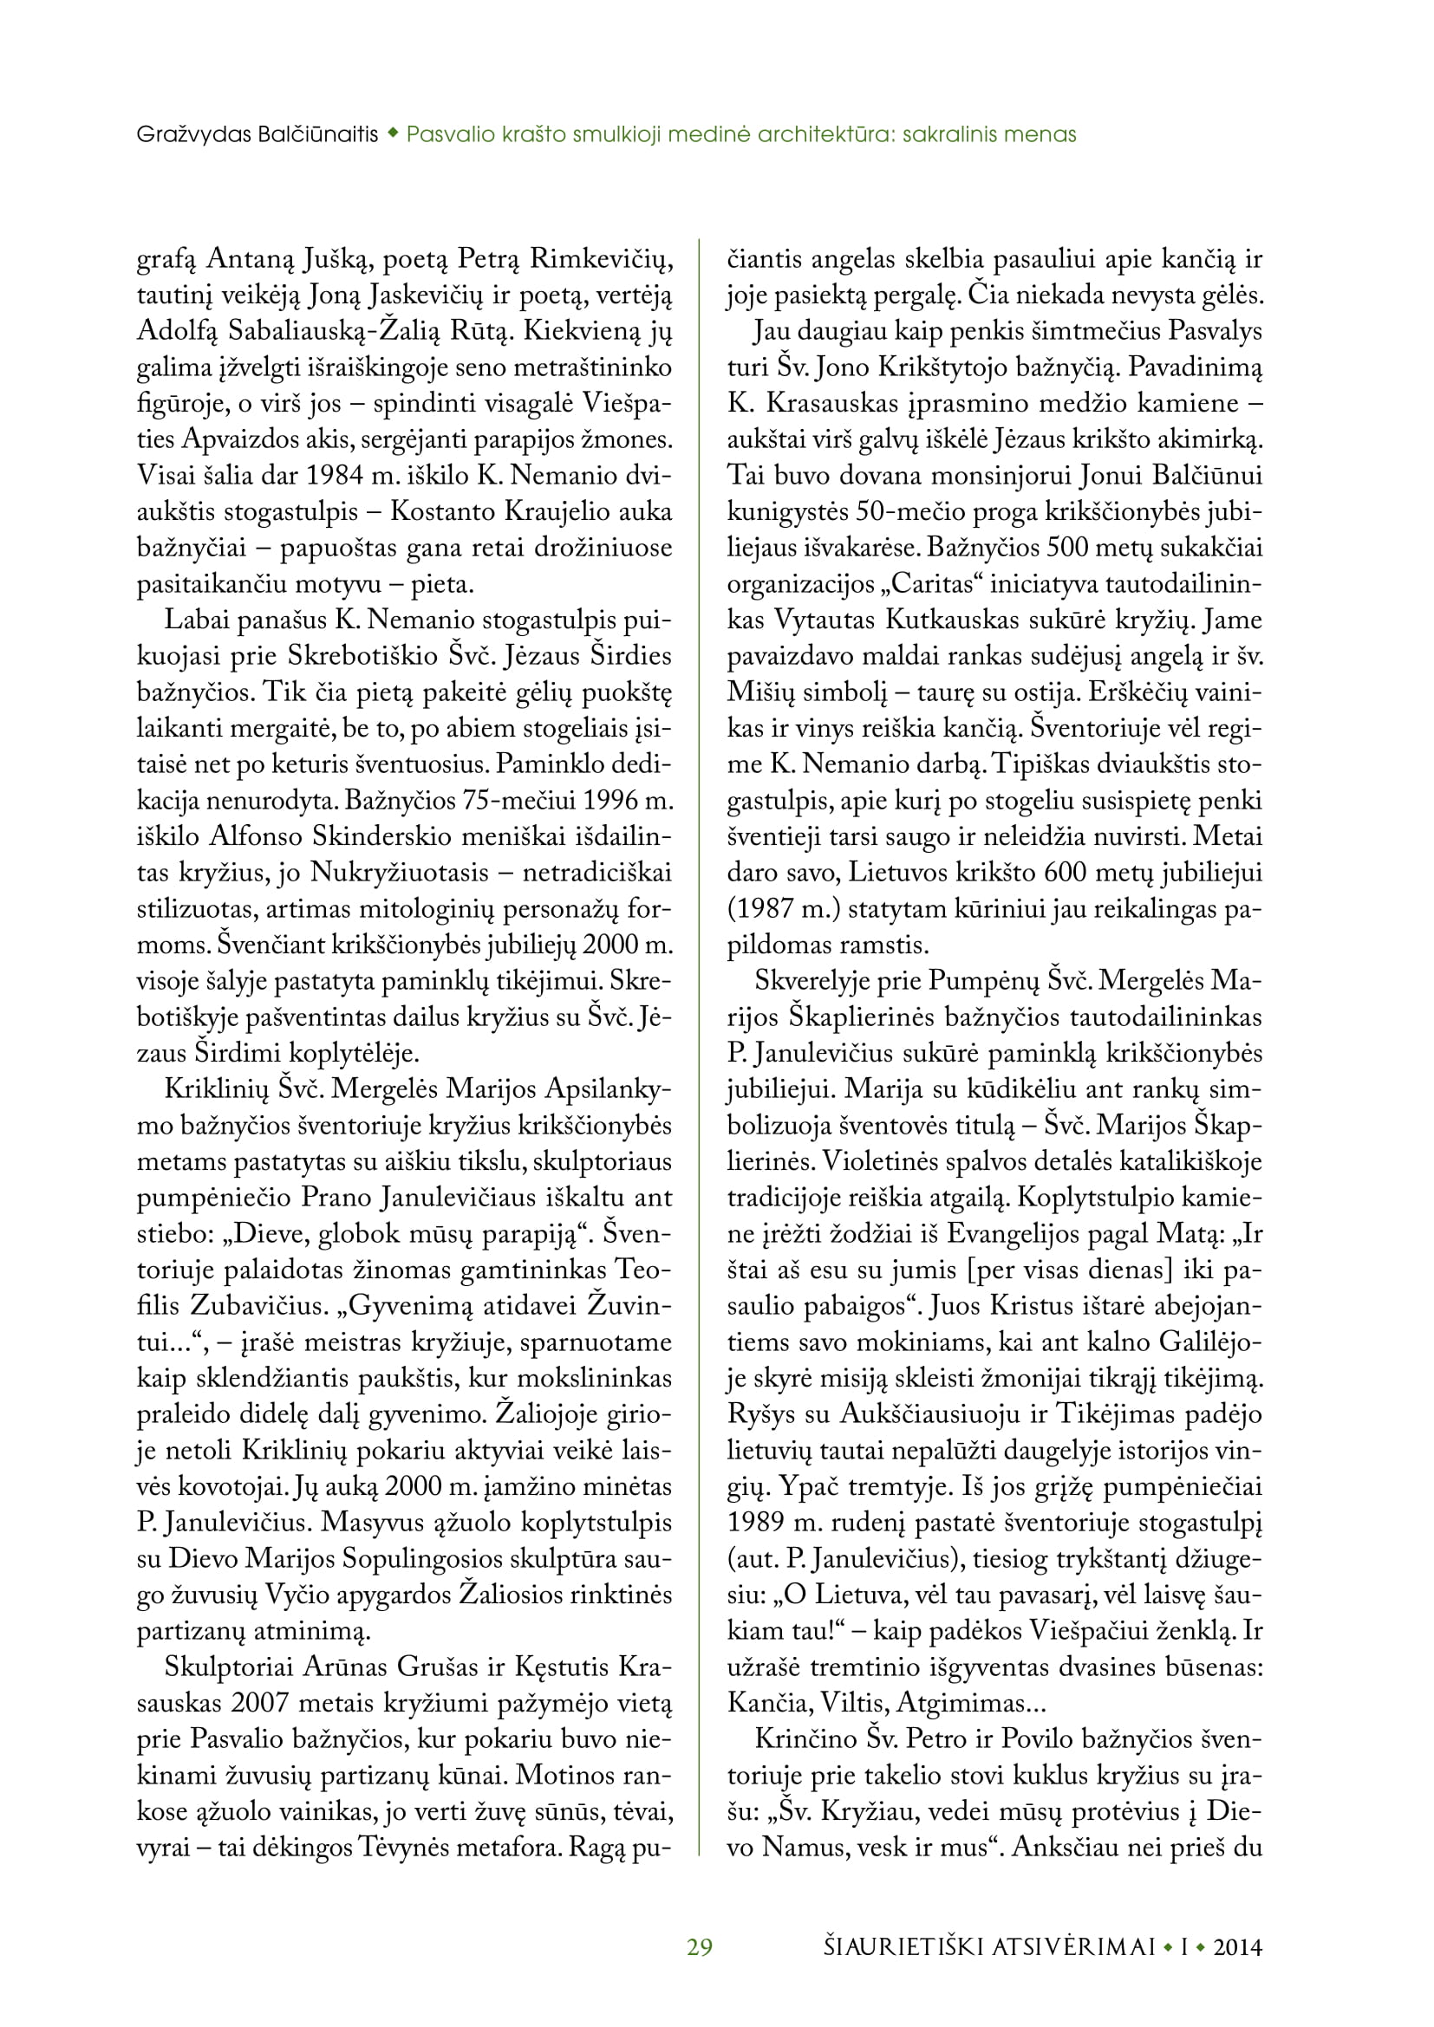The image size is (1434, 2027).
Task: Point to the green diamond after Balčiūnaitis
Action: [x=392, y=134]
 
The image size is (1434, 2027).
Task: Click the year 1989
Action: [x=756, y=1522]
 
